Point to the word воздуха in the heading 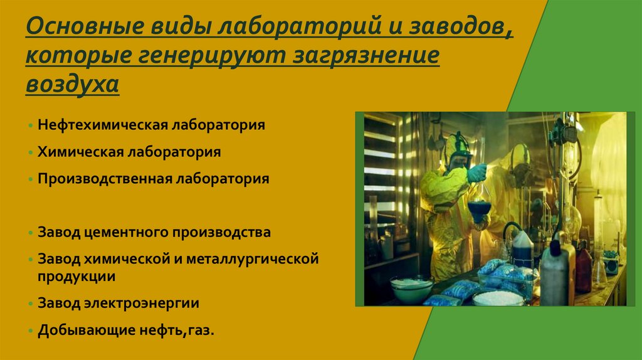(x=72, y=83)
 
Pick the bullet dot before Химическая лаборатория (x=31, y=152)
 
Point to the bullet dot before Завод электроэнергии (x=31, y=304)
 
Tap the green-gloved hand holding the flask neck (x=476, y=172)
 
